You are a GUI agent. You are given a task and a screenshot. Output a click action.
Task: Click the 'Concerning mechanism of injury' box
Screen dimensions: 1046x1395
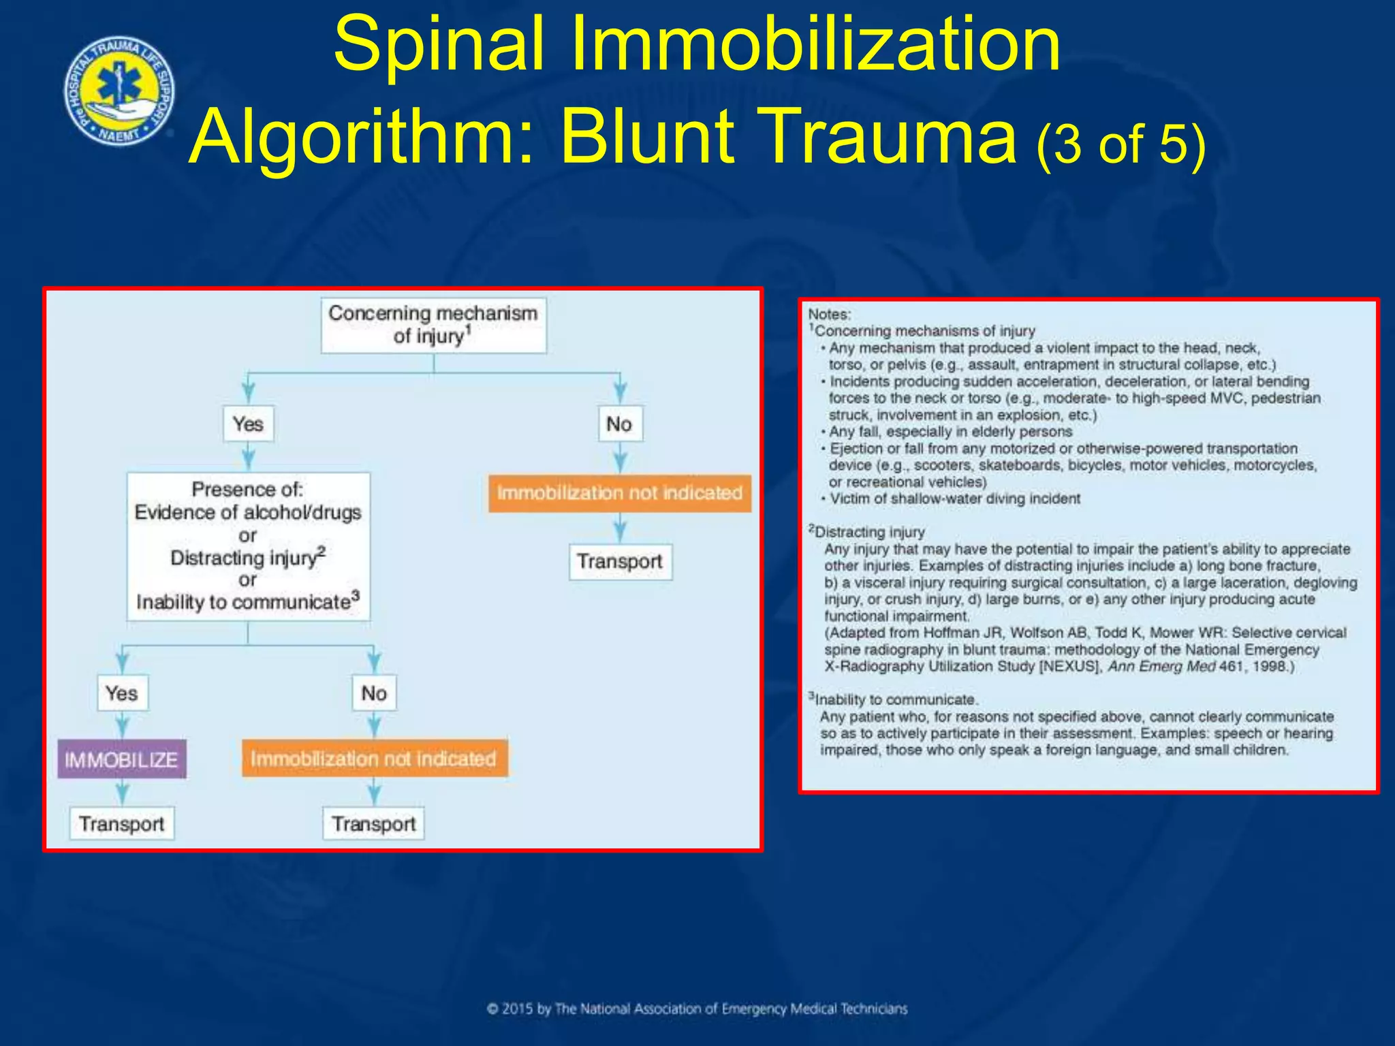click(433, 325)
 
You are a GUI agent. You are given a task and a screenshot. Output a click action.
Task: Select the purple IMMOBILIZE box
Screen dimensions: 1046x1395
click(121, 759)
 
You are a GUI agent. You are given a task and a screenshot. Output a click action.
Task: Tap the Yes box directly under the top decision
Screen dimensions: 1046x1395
click(248, 424)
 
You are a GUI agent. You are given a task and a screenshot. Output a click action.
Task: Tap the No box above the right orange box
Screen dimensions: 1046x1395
click(619, 424)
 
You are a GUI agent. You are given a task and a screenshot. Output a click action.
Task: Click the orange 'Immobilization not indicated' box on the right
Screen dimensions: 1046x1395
click(619, 492)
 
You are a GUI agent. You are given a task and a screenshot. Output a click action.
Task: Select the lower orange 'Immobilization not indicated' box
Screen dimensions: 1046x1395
click(374, 759)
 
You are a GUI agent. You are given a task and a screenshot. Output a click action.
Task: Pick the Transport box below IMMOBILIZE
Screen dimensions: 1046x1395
click(121, 823)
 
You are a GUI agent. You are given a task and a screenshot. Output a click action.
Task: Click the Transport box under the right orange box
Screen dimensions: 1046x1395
click(620, 561)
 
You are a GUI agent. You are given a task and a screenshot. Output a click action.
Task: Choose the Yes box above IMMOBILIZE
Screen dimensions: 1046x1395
click(122, 693)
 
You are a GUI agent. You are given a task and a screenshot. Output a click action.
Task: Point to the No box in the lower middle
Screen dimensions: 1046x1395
click(374, 693)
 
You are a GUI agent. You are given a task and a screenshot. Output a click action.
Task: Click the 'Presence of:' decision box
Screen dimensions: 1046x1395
click(248, 546)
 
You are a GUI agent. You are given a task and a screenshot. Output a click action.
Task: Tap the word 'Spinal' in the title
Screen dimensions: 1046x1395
click(439, 45)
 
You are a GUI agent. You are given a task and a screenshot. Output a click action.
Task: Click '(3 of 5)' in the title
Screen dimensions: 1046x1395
click(1120, 144)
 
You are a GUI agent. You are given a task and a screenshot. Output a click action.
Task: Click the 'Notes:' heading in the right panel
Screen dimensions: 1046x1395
click(829, 315)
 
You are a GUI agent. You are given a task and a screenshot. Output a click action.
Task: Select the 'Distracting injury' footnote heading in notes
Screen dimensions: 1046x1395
click(868, 532)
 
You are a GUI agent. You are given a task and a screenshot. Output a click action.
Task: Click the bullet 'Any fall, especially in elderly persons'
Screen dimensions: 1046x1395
click(950, 432)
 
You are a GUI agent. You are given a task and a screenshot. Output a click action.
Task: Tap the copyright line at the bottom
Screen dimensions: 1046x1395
click(697, 1009)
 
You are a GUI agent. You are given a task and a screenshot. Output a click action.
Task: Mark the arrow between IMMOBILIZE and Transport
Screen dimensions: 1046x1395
click(122, 792)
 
